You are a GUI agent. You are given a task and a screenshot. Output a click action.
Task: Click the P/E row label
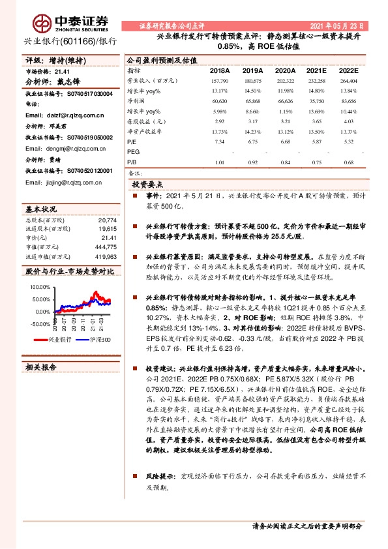coord(132,141)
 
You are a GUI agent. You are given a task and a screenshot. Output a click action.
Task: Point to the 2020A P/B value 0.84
coord(281,162)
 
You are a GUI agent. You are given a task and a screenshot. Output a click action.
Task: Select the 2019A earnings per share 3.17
coord(250,121)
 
